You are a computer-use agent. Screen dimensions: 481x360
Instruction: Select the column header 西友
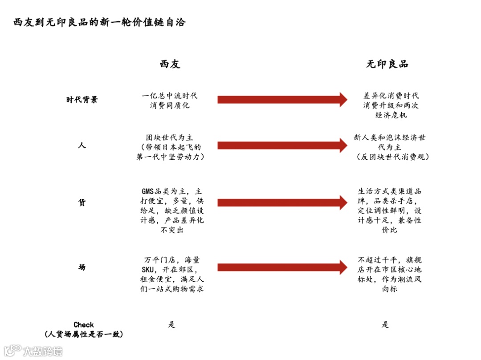(170, 64)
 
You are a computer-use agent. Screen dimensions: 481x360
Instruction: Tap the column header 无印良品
(387, 64)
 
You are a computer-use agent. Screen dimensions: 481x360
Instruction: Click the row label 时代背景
(82, 100)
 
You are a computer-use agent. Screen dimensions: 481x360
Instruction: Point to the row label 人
(82, 145)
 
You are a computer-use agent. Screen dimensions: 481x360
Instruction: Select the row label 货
(82, 202)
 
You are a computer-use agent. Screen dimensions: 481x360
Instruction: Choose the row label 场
(82, 267)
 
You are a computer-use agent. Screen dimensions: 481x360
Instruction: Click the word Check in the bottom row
(84, 325)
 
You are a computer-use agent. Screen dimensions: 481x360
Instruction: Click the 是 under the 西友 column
(171, 325)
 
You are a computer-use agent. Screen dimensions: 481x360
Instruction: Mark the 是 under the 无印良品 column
(385, 325)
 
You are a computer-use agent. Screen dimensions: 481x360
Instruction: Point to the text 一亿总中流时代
(170, 96)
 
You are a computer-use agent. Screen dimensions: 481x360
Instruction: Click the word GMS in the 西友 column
(147, 192)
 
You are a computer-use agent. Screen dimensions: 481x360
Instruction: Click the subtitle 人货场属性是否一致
(84, 334)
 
